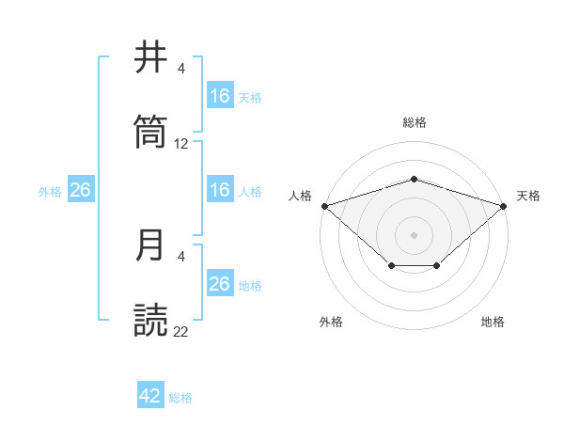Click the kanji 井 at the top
point(151,58)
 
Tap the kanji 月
point(151,245)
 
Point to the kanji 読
point(151,320)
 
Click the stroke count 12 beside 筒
point(181,144)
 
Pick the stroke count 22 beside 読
point(181,331)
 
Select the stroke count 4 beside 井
point(181,69)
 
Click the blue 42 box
point(150,396)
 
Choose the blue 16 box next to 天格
point(220,96)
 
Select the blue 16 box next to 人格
point(220,190)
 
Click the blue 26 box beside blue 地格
point(220,284)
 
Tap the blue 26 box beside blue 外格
point(81,190)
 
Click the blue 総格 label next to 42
point(180,398)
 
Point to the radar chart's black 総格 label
point(415,122)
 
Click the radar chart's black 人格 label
point(301,196)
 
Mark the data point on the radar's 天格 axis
point(504,205)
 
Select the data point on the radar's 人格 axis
point(324,205)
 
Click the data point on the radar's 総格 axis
point(415,179)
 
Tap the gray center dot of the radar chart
point(415,234)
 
